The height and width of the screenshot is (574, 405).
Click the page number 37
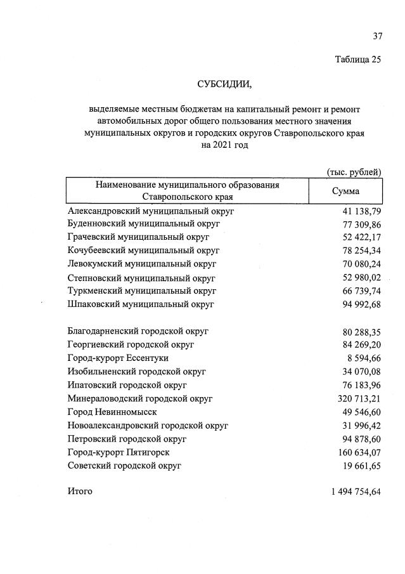coord(377,36)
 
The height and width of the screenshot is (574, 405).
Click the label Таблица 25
coord(358,60)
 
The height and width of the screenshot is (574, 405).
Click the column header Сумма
coord(345,191)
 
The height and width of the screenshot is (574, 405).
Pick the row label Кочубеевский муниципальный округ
coord(143,251)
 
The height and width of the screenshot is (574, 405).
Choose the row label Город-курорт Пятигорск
coord(119,452)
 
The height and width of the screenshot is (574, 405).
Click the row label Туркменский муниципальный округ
coord(142,291)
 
